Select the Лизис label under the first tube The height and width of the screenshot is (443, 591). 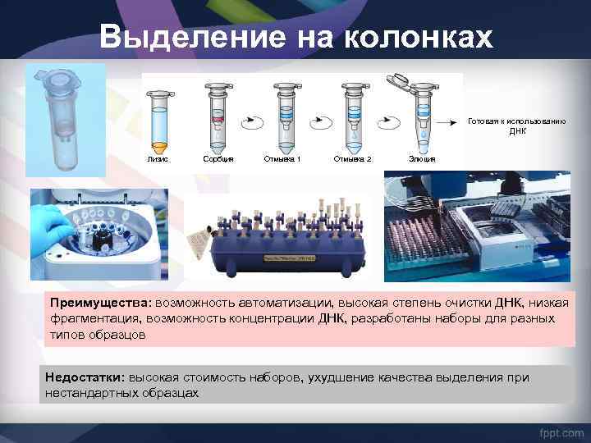click(x=157, y=158)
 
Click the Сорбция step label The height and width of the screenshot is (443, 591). click(x=218, y=158)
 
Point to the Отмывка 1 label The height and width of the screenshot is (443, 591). click(x=282, y=158)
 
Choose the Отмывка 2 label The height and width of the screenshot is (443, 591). click(x=353, y=158)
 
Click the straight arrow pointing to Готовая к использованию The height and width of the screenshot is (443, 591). click(x=448, y=121)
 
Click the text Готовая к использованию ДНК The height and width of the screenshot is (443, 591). click(x=516, y=126)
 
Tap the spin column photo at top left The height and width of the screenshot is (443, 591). click(x=65, y=119)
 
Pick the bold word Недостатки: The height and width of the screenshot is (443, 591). click(x=84, y=377)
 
